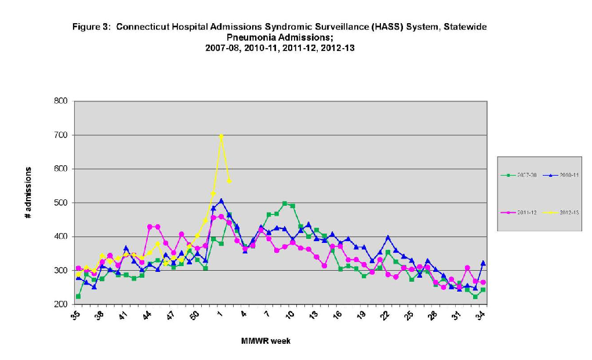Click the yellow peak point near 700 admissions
tap(221, 136)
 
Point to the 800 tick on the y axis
tap(61, 101)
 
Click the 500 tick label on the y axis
tap(61, 203)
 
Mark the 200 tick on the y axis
tap(61, 304)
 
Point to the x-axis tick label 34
tap(481, 316)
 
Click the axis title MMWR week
tap(266, 341)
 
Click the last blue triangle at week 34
tap(483, 263)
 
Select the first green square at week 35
tap(78, 296)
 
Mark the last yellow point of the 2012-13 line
tap(229, 181)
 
